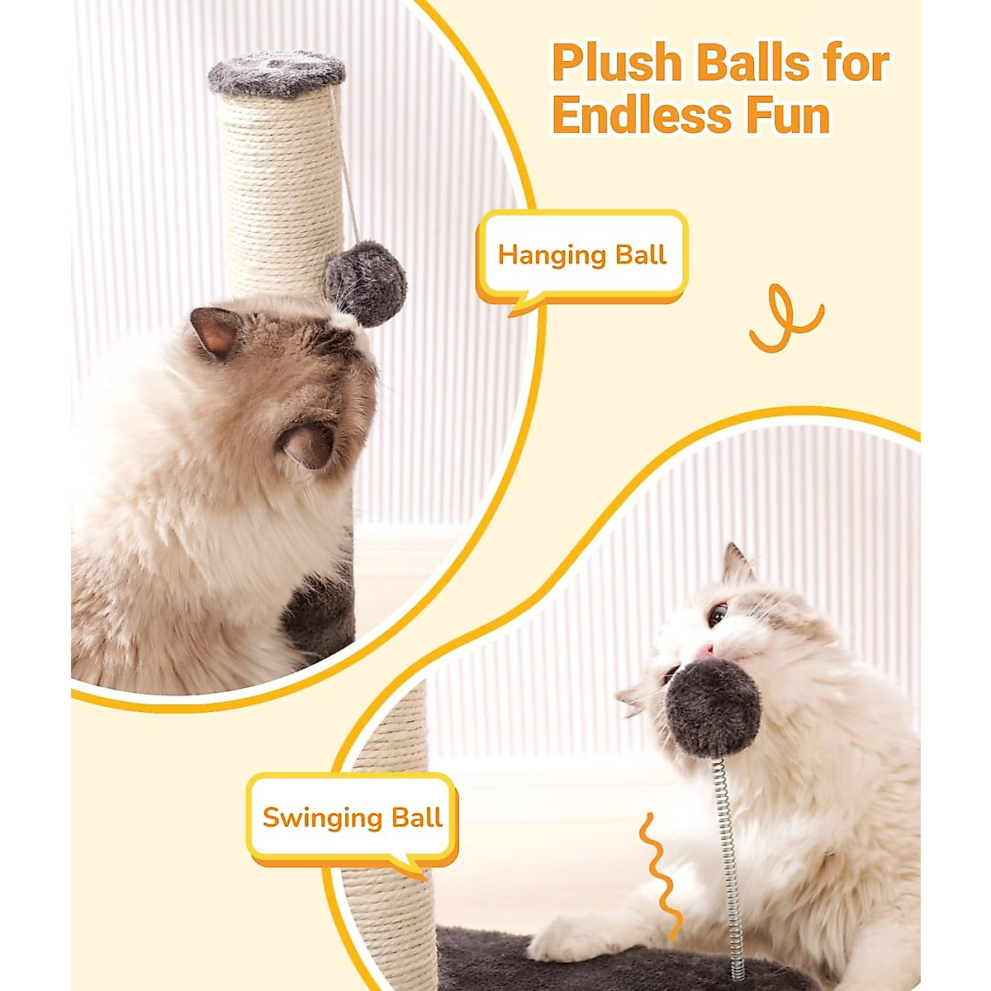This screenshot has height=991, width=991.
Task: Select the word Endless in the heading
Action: (x=642, y=116)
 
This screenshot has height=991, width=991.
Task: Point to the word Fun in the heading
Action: (x=788, y=116)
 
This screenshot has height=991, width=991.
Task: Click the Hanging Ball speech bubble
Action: (x=582, y=255)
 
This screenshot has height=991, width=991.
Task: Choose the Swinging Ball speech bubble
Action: (x=353, y=818)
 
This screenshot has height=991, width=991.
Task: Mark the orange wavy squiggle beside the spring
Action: (x=661, y=875)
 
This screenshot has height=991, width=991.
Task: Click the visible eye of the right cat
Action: (x=718, y=614)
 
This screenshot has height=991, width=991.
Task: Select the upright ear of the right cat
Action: (x=736, y=567)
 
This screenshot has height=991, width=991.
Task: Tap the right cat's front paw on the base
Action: (x=570, y=937)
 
